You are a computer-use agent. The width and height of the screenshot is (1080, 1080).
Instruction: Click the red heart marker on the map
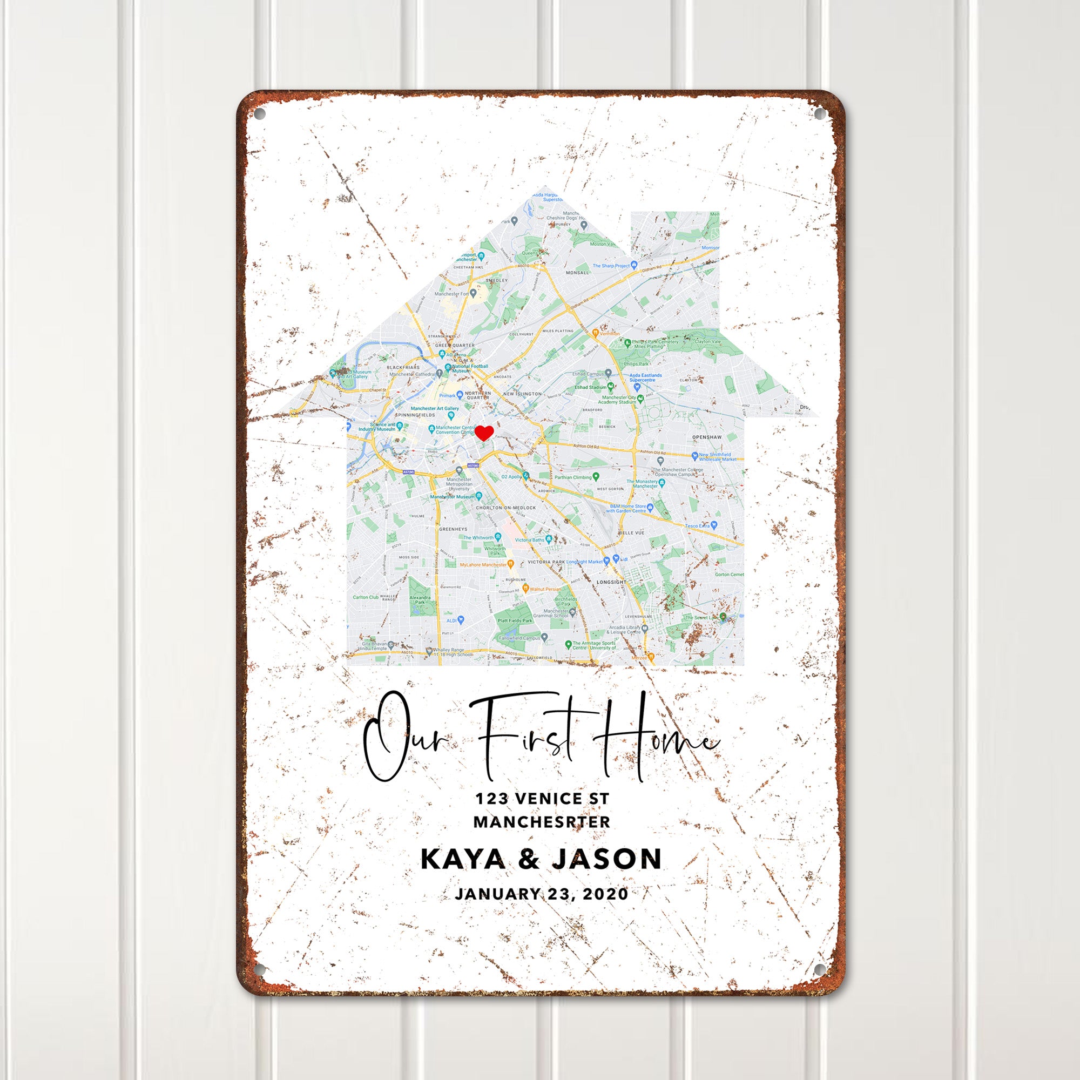(x=484, y=433)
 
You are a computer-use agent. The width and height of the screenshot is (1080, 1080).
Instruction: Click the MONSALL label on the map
(x=577, y=272)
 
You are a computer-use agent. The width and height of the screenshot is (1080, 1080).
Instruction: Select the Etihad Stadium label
(x=589, y=386)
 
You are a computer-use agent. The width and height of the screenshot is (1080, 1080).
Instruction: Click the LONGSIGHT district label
(x=611, y=582)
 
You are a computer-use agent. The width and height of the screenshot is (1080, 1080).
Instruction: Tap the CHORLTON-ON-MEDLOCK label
(x=505, y=508)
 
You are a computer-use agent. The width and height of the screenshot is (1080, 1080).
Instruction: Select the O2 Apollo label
(x=510, y=476)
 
